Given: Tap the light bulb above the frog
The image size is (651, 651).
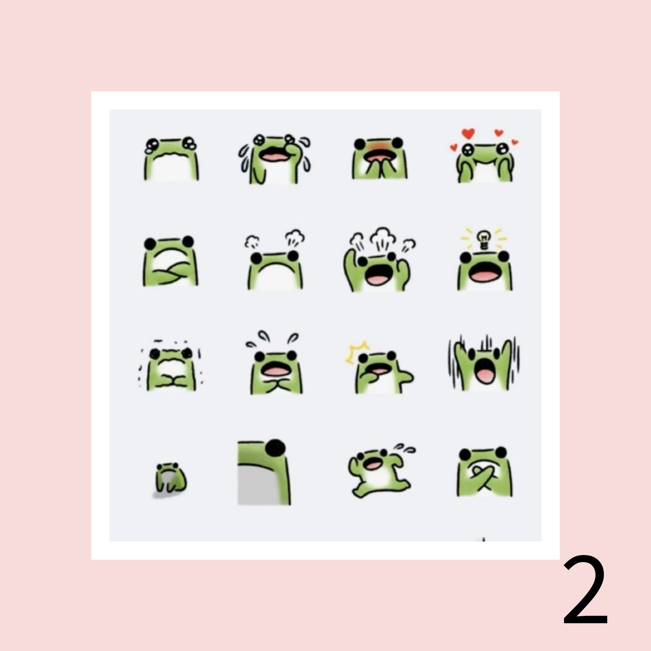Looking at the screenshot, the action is (484, 239).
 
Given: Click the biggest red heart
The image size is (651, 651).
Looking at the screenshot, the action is (468, 134).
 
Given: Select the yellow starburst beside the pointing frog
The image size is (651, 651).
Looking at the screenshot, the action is (357, 352).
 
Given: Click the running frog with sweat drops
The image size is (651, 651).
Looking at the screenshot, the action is (380, 471).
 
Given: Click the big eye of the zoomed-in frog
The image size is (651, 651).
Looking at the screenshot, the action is (275, 448).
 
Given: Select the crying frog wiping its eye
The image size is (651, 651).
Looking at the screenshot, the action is (274, 159).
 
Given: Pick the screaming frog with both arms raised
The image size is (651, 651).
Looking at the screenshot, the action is (484, 364).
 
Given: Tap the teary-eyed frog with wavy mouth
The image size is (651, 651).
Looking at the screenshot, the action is (171, 158).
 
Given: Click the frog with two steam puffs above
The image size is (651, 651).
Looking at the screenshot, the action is (275, 260).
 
